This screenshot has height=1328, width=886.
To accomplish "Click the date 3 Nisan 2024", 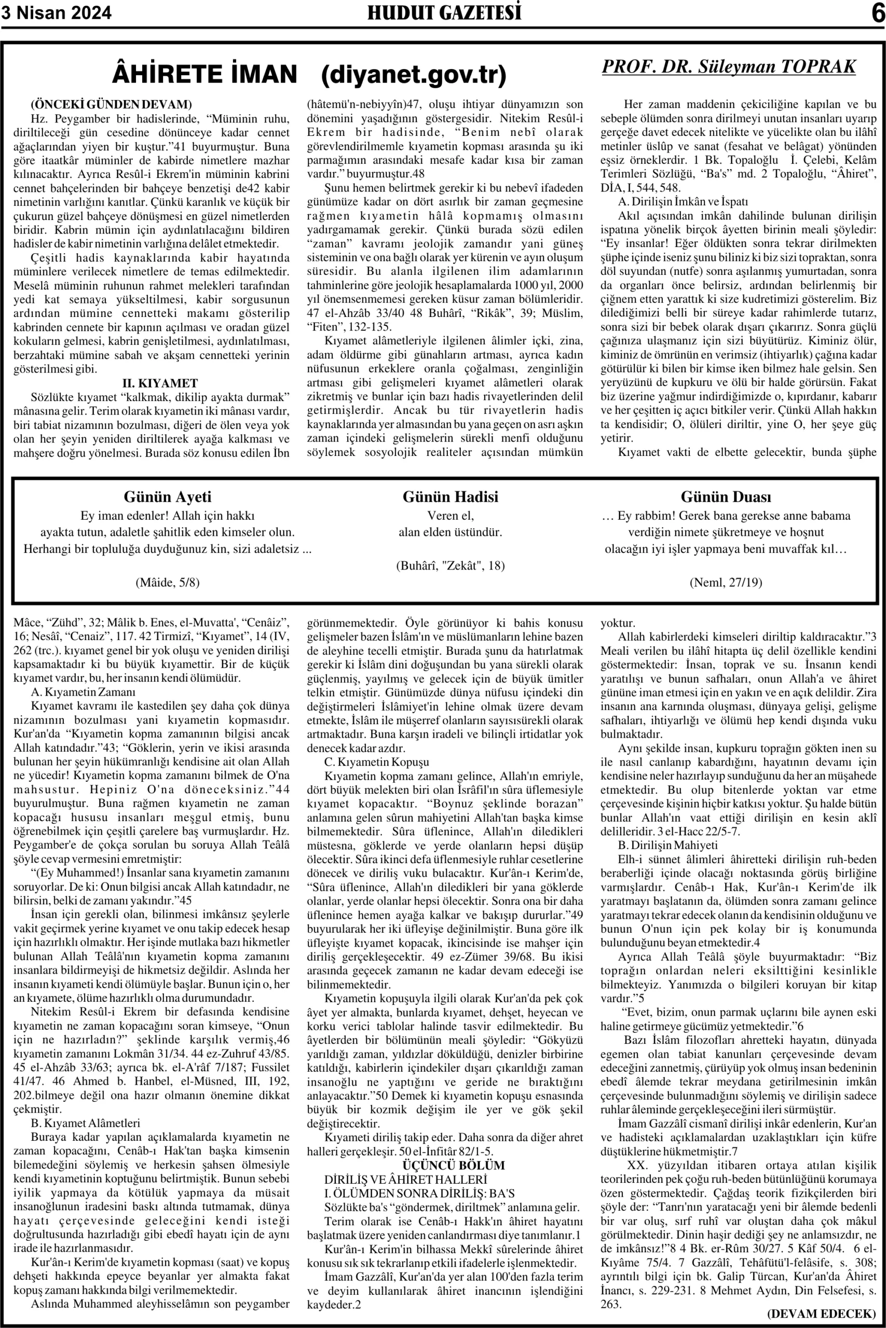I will tap(57, 12).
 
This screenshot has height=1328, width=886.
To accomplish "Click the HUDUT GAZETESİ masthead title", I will tap(444, 12).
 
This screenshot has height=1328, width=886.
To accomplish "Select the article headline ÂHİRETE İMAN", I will tap(205, 75).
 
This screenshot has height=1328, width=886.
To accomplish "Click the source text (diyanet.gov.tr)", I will tap(414, 75).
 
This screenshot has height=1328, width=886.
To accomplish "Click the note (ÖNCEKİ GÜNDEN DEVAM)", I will tap(111, 104).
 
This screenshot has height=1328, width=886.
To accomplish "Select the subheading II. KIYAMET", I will tap(160, 383).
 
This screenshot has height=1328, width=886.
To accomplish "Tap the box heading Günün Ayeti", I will tap(167, 497).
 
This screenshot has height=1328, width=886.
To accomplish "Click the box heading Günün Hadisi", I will tap(451, 497).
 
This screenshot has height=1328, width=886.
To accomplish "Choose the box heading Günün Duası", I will tap(726, 497).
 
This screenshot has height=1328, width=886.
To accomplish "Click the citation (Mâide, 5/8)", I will tap(167, 582).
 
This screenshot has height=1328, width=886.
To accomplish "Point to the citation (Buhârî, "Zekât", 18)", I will tap(451, 565).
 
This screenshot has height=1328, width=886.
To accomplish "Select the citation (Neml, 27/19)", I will tap(726, 582).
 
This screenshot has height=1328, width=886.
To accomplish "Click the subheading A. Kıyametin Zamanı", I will tap(83, 691).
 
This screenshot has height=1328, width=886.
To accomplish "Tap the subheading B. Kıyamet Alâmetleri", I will tap(85, 1123).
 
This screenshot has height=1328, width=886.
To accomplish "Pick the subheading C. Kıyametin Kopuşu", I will tap(376, 762).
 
